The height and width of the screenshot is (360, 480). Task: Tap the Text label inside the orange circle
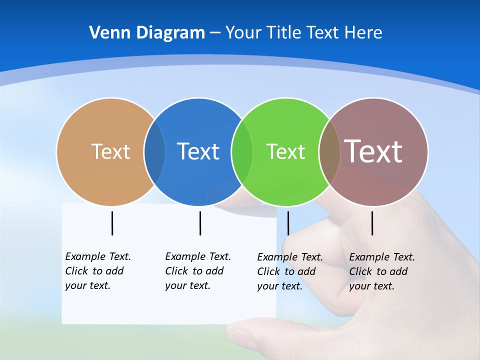(110, 151)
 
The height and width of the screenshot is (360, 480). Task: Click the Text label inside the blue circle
(198, 151)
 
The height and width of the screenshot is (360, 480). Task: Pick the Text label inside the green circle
(285, 151)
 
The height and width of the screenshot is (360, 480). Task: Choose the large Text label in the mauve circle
(373, 151)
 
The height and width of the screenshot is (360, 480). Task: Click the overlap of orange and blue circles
(154, 151)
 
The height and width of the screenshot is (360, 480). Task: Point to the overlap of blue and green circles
(242, 151)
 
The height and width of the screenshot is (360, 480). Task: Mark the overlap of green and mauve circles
(329, 151)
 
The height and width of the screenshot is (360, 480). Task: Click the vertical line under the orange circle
(112, 223)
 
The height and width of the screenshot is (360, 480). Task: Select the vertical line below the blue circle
(200, 223)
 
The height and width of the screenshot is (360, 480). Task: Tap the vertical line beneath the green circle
(288, 223)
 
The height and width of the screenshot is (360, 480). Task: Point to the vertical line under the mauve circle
(372, 223)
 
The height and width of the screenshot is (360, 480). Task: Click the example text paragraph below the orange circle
(97, 271)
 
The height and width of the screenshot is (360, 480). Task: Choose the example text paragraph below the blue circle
(197, 271)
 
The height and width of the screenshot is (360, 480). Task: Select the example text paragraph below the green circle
(289, 271)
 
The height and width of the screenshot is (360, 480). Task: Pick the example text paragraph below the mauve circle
(381, 271)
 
